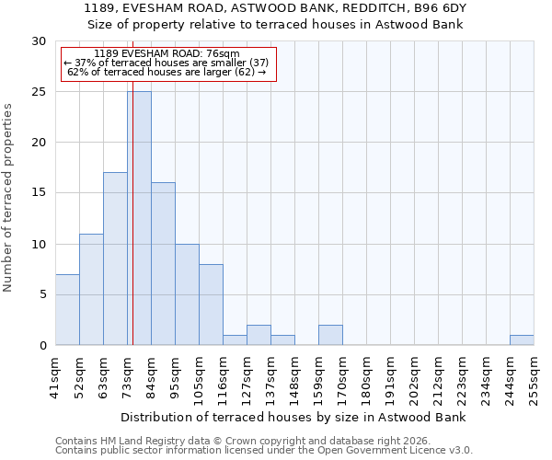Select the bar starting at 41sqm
(67, 309)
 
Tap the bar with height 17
(115, 259)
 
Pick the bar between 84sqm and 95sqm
(163, 263)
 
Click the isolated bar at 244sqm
(522, 339)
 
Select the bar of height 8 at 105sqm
(211, 305)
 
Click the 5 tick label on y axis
(41, 294)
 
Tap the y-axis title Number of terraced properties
(8, 198)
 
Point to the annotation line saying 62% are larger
(167, 72)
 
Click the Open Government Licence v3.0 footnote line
(264, 451)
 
